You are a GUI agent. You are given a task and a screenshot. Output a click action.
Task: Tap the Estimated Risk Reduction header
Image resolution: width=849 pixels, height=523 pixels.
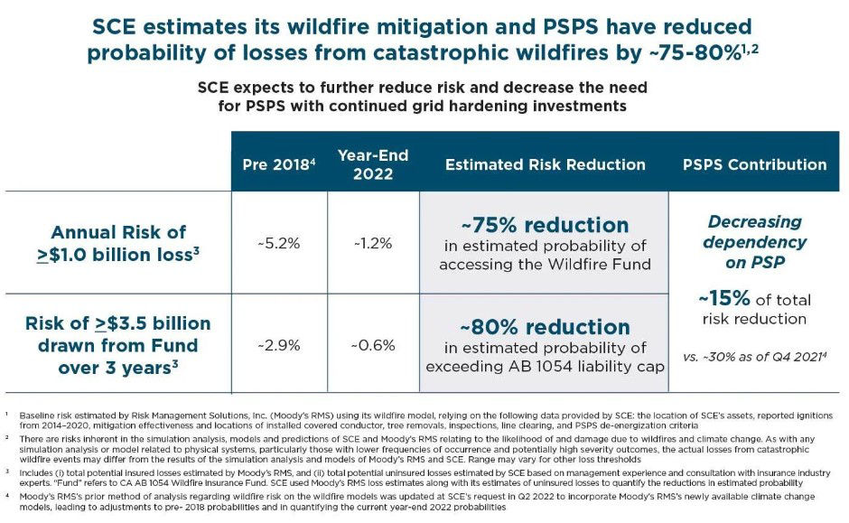(x=545, y=164)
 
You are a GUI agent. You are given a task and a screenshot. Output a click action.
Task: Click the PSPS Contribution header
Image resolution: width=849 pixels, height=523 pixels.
(x=754, y=164)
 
